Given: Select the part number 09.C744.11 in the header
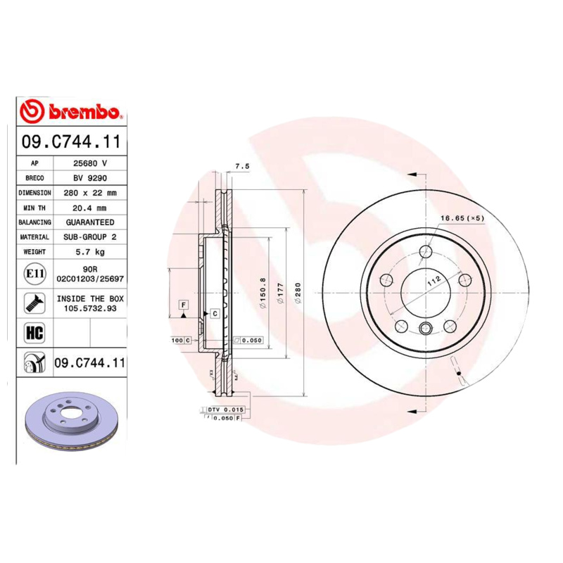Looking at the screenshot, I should [x=70, y=142].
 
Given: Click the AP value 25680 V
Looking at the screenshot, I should [x=90, y=163].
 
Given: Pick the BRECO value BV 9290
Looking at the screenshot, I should [x=90, y=177].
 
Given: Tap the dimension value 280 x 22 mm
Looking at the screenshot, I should [x=90, y=192].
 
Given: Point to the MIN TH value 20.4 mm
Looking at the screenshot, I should [x=90, y=207].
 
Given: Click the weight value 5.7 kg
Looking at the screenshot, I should [x=90, y=251].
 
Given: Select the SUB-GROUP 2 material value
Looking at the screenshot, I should [x=90, y=237].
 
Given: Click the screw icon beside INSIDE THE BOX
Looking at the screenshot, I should [x=34, y=303].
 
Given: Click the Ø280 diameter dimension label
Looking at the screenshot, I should [x=298, y=291].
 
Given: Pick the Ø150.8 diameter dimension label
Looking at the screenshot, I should [x=262, y=291].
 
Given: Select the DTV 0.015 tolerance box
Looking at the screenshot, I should [x=225, y=409].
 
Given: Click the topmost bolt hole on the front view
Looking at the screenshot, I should [x=426, y=252].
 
